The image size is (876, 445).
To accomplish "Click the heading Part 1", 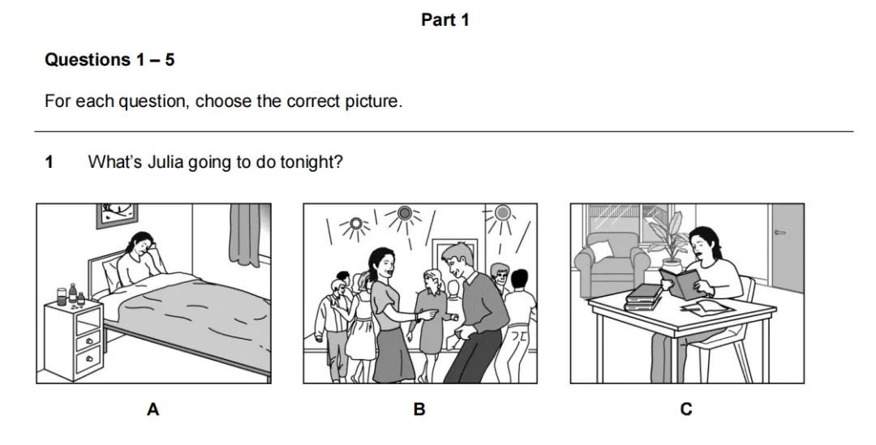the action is (x=444, y=20).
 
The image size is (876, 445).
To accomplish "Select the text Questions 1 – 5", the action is (x=109, y=60).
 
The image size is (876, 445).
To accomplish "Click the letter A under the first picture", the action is (x=153, y=410).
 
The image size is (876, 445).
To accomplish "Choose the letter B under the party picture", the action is (x=419, y=410).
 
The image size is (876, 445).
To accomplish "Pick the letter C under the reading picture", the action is (x=686, y=410).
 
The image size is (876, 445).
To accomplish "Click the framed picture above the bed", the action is (x=117, y=215).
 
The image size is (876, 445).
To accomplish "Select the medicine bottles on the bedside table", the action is (x=71, y=295).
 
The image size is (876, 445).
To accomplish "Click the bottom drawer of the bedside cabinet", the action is (x=89, y=359).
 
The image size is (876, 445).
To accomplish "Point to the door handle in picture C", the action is (x=780, y=233).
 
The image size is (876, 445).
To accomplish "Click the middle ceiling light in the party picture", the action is (x=405, y=213).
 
